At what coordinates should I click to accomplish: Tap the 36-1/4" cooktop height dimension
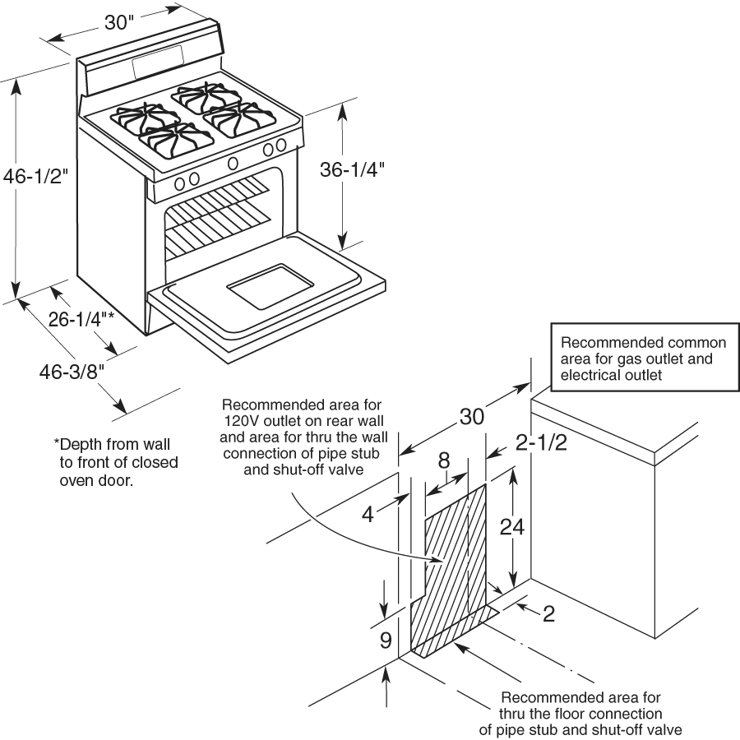click(x=352, y=169)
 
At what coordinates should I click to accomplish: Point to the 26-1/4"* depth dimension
click(x=81, y=320)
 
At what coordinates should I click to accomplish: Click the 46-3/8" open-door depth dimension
click(x=72, y=371)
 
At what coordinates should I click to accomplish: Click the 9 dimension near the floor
click(x=386, y=641)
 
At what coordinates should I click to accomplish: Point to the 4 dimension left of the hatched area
click(x=368, y=514)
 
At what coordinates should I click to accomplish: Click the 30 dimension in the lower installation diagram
click(x=471, y=417)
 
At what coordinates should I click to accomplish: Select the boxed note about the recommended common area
click(x=643, y=359)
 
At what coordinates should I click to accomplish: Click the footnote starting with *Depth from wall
click(x=116, y=463)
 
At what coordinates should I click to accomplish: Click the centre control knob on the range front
click(x=233, y=162)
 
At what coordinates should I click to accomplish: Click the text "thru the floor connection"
click(x=580, y=713)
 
